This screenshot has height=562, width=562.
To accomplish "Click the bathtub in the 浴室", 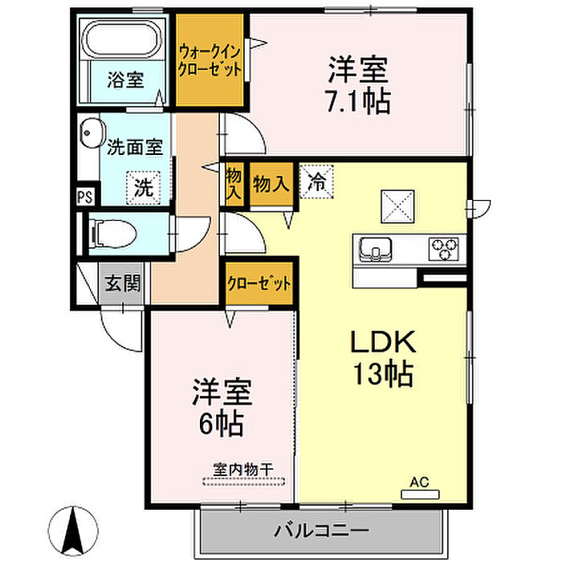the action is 125,40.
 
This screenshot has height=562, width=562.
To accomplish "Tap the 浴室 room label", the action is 126,80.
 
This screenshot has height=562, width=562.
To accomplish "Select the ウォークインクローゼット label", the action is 210,60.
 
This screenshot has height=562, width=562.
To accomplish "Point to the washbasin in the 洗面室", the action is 90,132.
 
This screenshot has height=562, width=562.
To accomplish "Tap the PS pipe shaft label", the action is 84,196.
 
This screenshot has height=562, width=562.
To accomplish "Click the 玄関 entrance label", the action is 123,283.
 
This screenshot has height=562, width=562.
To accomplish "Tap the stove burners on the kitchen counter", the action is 443,248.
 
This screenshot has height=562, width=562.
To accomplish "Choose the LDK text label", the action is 381,343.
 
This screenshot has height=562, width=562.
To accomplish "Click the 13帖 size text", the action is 381,374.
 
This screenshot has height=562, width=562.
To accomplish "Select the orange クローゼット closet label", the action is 258,283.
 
